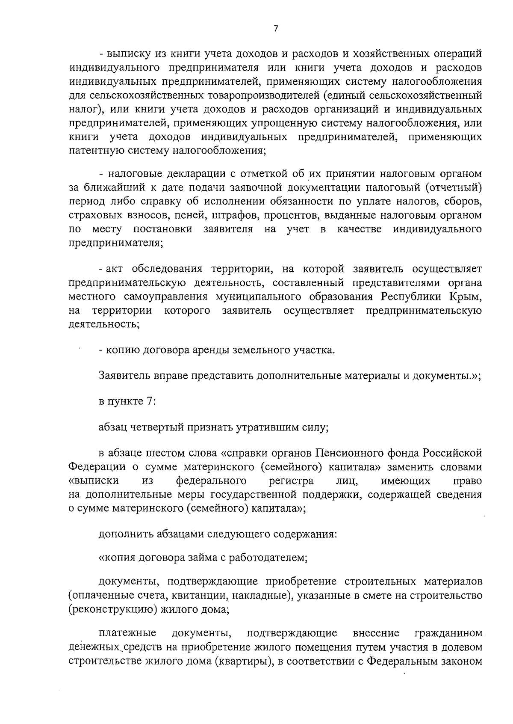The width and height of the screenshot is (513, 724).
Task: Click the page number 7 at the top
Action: tap(276, 29)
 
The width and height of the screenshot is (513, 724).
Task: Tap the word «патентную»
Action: tap(89, 151)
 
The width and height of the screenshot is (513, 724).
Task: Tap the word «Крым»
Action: tap(465, 297)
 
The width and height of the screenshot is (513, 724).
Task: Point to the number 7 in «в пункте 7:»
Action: tap(144, 402)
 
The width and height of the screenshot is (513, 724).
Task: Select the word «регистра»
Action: tap(291, 481)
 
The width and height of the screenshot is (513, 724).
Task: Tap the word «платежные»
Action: tap(127, 633)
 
